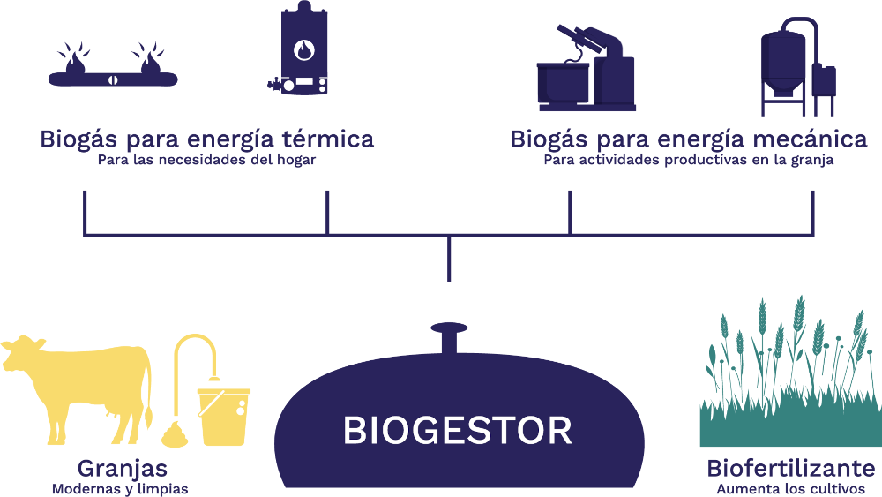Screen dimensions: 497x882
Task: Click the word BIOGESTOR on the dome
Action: [457, 431]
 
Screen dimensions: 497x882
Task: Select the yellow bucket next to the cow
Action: [222, 415]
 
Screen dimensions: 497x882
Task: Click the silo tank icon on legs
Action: [789, 66]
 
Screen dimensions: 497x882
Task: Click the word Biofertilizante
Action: [791, 468]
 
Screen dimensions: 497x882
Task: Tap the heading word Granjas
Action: [122, 468]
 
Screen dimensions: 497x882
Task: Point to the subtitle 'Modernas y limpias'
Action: [120, 488]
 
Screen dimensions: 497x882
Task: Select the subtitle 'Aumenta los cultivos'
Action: [791, 488]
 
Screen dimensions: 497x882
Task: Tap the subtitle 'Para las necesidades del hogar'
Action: [206, 161]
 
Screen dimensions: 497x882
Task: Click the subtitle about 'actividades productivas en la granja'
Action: [689, 161]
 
